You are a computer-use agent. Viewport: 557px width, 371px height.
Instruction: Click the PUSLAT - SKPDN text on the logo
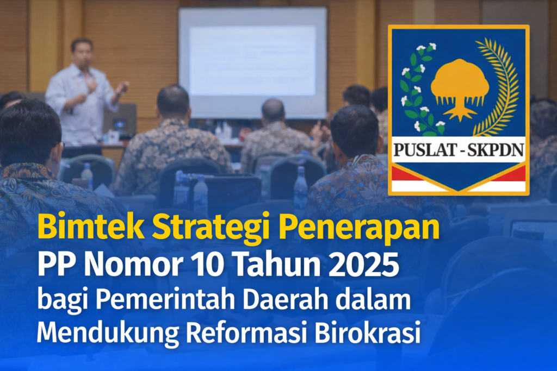click(458, 149)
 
